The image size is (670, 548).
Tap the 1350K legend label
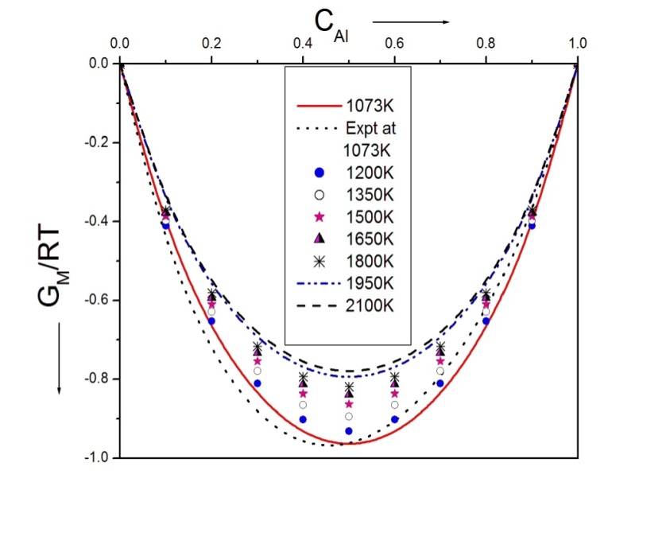pyautogui.click(x=367, y=193)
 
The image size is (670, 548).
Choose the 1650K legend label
pyautogui.click(x=367, y=238)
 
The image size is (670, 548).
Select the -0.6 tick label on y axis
pyautogui.click(x=94, y=300)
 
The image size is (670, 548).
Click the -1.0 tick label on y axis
pyautogui.click(x=94, y=457)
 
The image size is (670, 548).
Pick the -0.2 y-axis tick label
pyautogui.click(x=94, y=142)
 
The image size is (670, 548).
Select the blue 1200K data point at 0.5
pyautogui.click(x=349, y=431)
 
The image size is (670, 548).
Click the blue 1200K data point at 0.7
pyautogui.click(x=440, y=383)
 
